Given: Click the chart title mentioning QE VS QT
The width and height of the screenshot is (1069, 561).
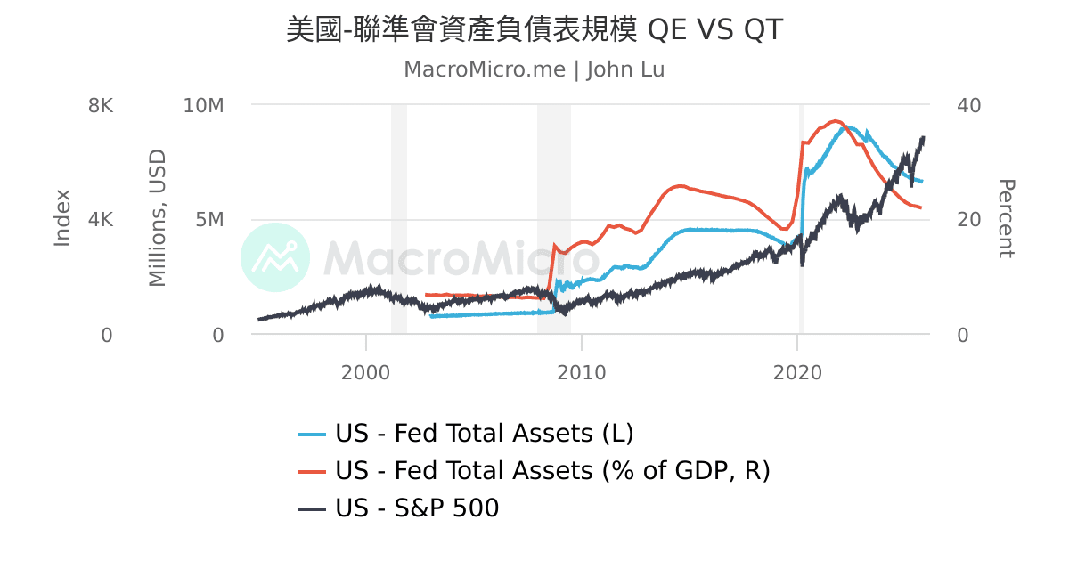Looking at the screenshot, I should pos(534,29).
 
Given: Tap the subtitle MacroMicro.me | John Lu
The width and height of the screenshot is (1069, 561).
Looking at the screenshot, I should pos(534,69).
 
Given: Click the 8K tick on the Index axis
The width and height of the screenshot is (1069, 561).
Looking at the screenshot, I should pos(101,105).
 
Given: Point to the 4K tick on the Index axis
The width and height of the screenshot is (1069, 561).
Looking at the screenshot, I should pos(101,220).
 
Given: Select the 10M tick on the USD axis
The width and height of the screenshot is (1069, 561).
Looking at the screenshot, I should pos(203,105).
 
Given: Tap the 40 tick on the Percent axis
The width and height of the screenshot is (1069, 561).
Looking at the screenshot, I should pos(967,105).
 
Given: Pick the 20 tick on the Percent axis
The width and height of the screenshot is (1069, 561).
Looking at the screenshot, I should pos(967,220).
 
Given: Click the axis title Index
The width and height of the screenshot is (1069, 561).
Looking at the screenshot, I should pos(62,218).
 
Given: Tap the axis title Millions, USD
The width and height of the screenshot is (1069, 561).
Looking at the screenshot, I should pos(158,218).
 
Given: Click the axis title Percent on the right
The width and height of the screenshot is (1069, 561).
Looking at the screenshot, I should pos(1005,218).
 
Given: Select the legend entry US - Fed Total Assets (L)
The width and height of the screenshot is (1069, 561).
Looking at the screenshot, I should pos(484,434).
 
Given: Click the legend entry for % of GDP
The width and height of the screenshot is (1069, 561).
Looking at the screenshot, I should pos(552,470).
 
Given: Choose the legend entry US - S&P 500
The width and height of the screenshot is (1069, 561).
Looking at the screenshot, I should pos(417,508).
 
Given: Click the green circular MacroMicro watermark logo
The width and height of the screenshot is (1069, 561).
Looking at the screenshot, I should pos(275,257).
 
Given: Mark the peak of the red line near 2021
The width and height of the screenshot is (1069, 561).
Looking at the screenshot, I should pos(836,120).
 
